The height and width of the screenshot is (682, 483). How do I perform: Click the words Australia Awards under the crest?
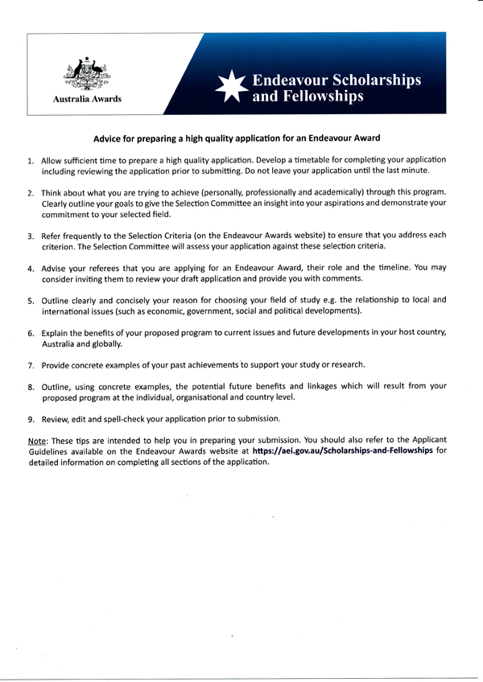(x=87, y=100)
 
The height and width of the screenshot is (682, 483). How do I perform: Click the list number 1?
(x=30, y=161)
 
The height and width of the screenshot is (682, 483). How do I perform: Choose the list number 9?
(x=30, y=419)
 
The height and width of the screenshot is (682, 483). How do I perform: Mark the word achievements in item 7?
(x=204, y=364)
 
